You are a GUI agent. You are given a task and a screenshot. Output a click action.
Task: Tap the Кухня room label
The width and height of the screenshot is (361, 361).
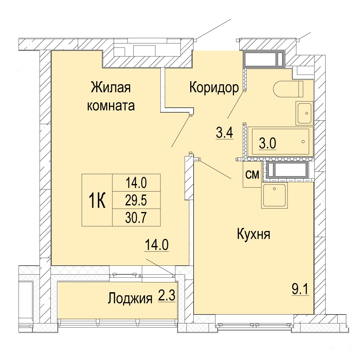[253, 235]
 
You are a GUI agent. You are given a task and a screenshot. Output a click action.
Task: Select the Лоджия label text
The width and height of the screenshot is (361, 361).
[130, 298]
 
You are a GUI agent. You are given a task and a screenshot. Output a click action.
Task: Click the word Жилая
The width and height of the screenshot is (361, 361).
[111, 88]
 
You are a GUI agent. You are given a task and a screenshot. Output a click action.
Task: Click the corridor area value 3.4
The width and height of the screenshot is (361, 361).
[225, 133]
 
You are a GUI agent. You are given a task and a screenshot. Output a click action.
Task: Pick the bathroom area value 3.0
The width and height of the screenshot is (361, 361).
[267, 144]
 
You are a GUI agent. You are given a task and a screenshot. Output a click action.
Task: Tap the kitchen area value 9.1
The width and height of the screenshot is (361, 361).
[300, 289]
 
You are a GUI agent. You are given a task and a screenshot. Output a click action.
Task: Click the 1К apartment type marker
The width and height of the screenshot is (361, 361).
[97, 201]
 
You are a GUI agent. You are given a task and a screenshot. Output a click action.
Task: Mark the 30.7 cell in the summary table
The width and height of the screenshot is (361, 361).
[136, 218]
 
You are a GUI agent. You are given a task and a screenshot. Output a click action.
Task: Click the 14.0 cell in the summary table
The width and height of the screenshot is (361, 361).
[136, 183]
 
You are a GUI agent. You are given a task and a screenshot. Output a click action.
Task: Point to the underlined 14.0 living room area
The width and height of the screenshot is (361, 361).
[156, 245]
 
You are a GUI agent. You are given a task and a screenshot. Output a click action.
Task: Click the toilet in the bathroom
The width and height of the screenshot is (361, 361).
[288, 89]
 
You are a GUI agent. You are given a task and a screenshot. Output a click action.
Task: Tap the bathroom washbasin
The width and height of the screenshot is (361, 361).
[305, 113]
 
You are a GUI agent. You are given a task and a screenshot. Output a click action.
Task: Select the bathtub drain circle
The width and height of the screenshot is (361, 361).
[303, 142]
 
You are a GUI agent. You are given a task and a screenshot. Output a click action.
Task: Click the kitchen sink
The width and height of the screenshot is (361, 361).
[274, 196]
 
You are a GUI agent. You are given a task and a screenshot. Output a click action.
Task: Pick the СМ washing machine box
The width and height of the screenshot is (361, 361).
[252, 174]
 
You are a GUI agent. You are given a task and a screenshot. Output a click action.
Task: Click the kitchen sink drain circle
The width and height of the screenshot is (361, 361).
[274, 189]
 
